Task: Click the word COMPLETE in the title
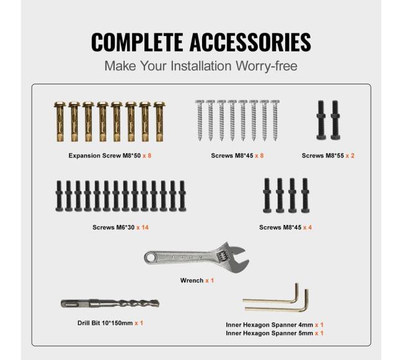tap(137, 42)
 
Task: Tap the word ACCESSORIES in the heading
tap(250, 42)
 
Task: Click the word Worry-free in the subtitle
tap(267, 66)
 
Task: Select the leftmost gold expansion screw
tap(60, 121)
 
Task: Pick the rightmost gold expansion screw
tap(159, 121)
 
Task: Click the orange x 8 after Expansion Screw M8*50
tap(147, 156)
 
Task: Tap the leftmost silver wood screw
tap(200, 120)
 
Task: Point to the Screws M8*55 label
tap(323, 156)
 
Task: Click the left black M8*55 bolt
tap(321, 120)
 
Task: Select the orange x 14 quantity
tap(143, 227)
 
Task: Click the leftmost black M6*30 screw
tap(59, 196)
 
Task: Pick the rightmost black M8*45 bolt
tap(305, 195)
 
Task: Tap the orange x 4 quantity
tap(308, 227)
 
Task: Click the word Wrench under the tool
tap(192, 281)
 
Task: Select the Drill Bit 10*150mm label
tap(105, 323)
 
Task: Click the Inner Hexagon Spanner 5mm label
tap(269, 333)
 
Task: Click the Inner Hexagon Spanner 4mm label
tap(269, 325)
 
